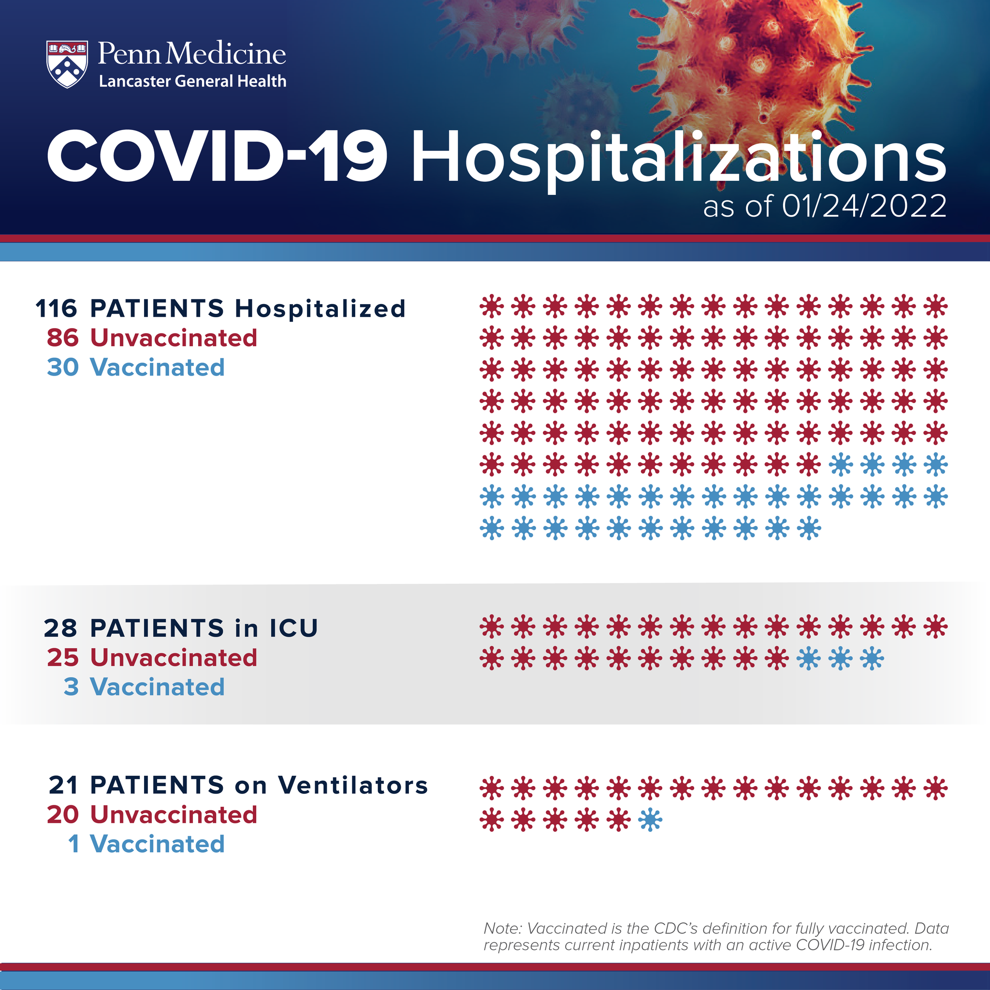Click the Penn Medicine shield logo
click(x=67, y=65)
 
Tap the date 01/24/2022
click(x=864, y=206)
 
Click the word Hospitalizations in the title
click(x=678, y=158)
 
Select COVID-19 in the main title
click(x=217, y=156)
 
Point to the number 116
click(x=57, y=308)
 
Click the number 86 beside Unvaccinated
click(x=62, y=338)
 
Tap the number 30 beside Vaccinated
click(x=62, y=367)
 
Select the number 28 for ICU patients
click(x=60, y=628)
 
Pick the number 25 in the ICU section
click(x=62, y=657)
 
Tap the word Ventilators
click(x=352, y=785)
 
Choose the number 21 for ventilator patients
click(x=63, y=785)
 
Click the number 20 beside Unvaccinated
click(x=62, y=814)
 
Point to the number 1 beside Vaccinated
click(x=74, y=844)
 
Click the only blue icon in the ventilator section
click(x=650, y=819)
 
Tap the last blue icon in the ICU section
click(x=872, y=658)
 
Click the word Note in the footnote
click(x=502, y=928)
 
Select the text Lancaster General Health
click(x=193, y=81)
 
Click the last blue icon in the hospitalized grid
click(x=809, y=528)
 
